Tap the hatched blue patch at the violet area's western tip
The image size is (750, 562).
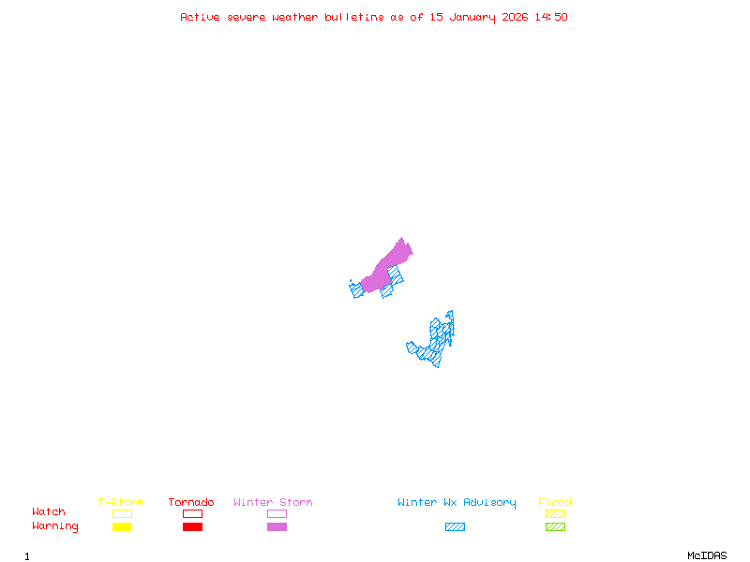356,288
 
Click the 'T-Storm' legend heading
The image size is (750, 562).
121,503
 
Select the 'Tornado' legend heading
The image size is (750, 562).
191,503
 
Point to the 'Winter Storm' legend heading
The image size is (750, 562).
273,503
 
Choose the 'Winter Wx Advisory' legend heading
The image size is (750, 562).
457,503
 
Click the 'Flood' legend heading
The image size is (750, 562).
555,503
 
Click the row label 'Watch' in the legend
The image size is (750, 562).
49,512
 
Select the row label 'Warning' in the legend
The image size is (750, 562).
55,526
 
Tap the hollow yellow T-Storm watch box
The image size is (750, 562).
122,513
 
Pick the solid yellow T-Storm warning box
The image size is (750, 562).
122,526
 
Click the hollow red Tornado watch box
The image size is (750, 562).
192,513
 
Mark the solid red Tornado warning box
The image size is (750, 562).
192,526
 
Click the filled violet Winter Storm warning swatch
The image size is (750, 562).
277,526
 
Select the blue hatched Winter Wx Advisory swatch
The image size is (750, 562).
455,526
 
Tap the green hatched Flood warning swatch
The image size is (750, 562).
555,526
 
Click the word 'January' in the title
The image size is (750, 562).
469,17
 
